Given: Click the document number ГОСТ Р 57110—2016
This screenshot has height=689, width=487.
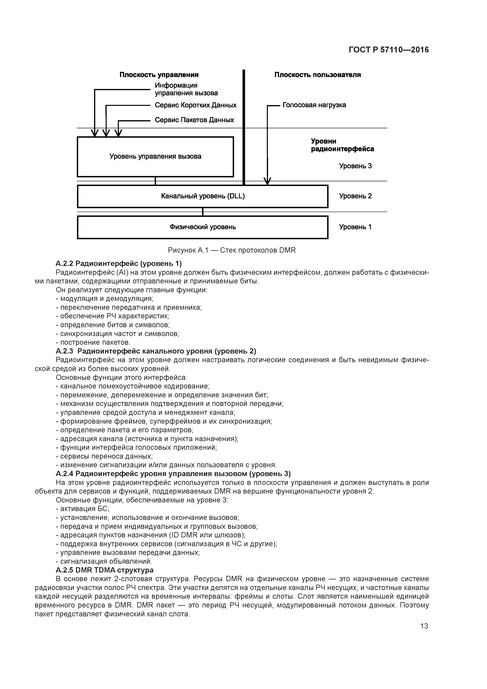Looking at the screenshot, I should (389, 50).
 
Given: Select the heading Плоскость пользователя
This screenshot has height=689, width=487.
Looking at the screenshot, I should (318, 75).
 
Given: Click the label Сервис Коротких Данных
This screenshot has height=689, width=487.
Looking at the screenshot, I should (195, 105).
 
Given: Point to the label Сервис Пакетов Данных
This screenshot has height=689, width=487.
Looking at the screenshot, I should (194, 120).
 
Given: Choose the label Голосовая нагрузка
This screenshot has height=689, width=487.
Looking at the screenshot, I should (314, 105).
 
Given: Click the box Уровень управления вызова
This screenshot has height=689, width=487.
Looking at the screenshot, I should (155, 157).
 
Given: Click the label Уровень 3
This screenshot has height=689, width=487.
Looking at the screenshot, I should (355, 166).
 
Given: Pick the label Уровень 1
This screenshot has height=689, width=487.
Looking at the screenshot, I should (355, 227).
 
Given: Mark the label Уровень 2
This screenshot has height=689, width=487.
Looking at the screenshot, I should (355, 196).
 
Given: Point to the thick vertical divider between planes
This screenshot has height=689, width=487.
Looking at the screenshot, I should (244, 126).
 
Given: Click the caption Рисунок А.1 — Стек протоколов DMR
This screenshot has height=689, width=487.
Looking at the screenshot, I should (232, 250).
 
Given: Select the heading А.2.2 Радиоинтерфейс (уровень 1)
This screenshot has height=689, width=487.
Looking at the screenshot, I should (119, 263).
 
